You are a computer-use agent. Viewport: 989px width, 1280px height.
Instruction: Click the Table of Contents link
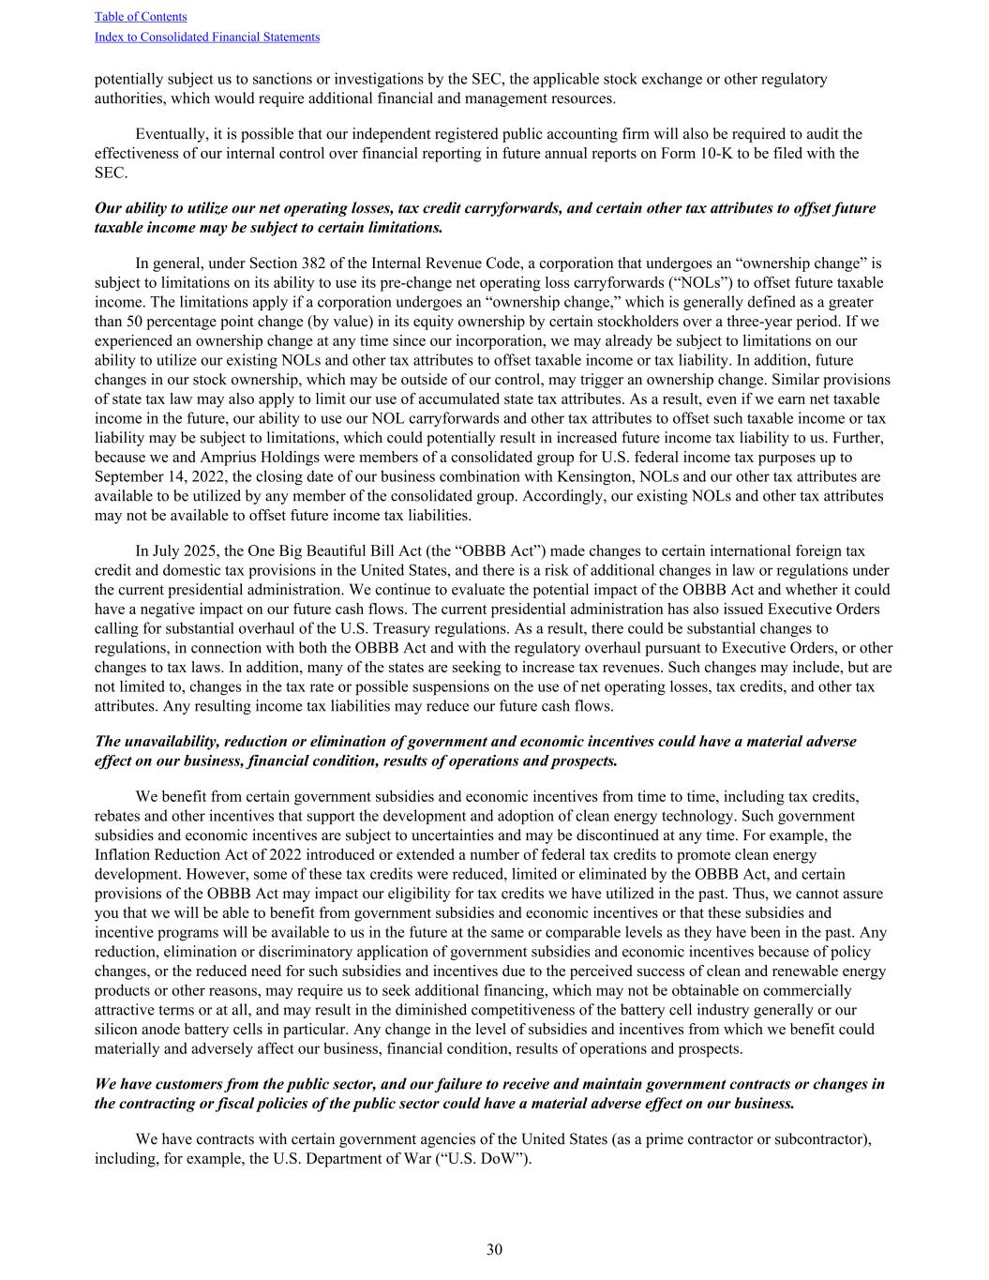coord(141,17)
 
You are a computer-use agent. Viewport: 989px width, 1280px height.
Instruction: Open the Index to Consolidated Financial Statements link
coord(207,38)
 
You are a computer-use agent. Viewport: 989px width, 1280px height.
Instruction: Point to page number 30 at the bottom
coord(494,1249)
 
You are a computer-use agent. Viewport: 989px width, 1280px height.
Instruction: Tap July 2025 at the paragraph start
coord(182,551)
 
